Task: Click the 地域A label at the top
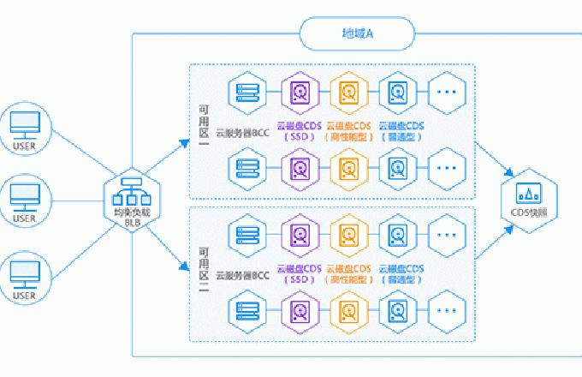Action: point(357,34)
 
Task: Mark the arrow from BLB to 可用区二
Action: point(171,243)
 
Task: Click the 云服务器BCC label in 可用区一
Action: point(243,131)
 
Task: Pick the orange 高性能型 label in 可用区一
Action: point(347,136)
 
